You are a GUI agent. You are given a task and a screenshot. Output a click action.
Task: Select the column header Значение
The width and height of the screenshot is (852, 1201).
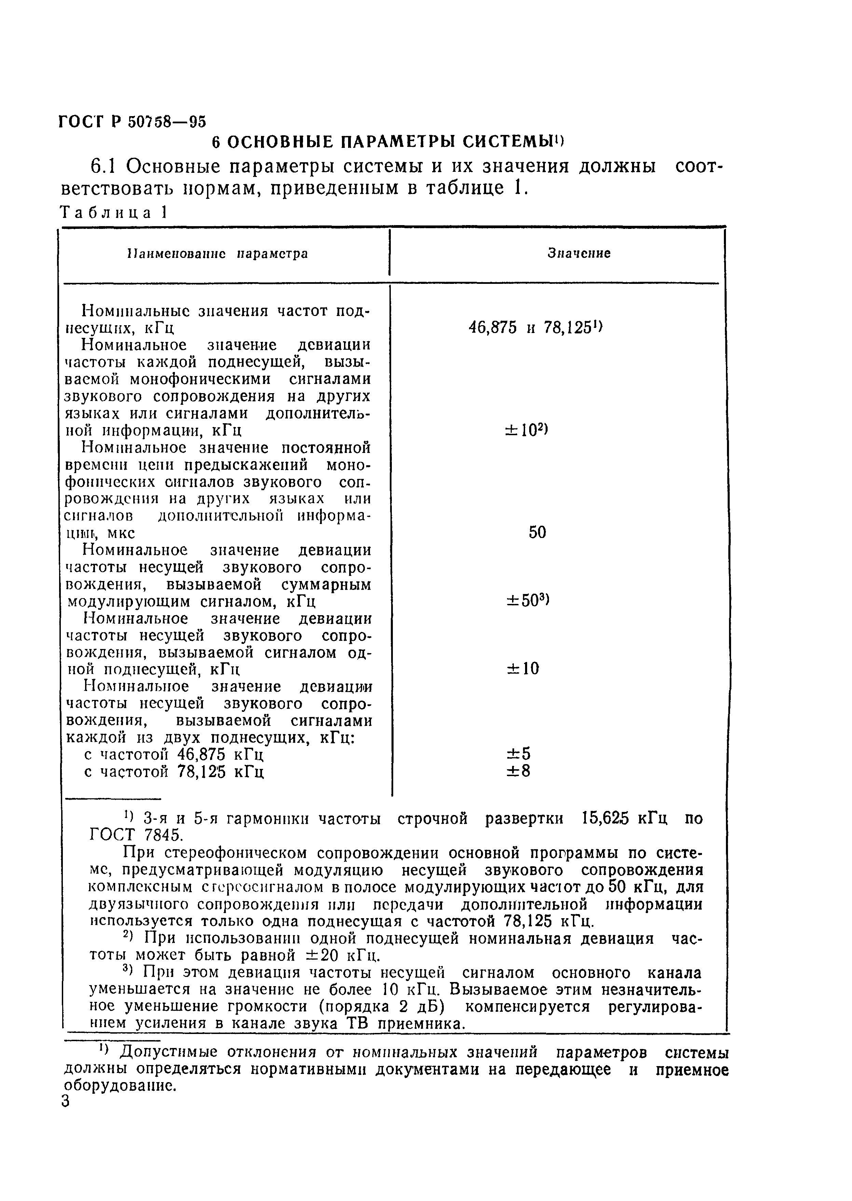[579, 253]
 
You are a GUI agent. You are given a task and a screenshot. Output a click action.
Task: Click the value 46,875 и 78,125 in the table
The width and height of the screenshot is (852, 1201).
[535, 328]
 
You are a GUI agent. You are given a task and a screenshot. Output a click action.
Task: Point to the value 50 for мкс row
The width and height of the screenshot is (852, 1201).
[537, 533]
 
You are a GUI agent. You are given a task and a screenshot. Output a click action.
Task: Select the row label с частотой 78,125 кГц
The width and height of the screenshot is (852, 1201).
[174, 772]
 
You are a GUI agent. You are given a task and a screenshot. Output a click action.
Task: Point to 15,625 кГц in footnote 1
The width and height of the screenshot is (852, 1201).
[625, 818]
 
